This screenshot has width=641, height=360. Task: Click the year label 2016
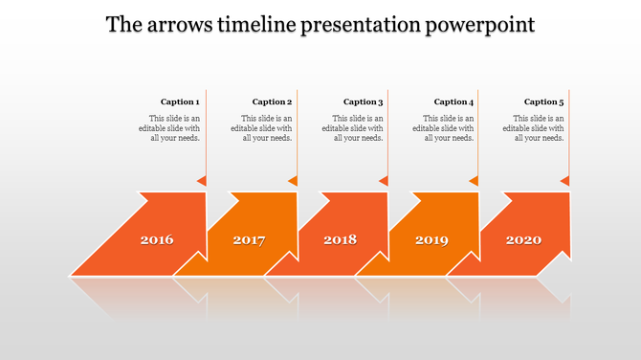click(x=157, y=239)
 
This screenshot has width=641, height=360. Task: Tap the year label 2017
click(x=249, y=239)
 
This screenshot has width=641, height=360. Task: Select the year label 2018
click(x=340, y=239)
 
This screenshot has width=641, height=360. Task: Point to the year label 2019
click(x=431, y=239)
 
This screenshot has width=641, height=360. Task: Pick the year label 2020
click(x=523, y=239)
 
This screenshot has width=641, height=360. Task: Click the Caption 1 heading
click(x=180, y=101)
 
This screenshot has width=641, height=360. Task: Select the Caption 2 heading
click(x=272, y=101)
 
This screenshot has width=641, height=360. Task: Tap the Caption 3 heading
click(x=363, y=101)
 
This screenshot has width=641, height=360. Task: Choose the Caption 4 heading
click(x=453, y=101)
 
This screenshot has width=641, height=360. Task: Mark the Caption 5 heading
click(x=544, y=101)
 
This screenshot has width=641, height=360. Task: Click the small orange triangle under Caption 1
click(x=202, y=181)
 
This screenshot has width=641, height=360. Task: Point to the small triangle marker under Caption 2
click(x=294, y=181)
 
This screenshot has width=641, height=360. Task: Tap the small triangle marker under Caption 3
click(x=385, y=181)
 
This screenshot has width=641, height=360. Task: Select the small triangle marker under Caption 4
click(x=475, y=181)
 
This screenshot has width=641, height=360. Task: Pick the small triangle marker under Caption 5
click(x=565, y=181)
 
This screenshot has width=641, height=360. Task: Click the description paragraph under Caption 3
click(x=352, y=128)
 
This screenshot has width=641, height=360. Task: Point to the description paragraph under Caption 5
click(x=534, y=128)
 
